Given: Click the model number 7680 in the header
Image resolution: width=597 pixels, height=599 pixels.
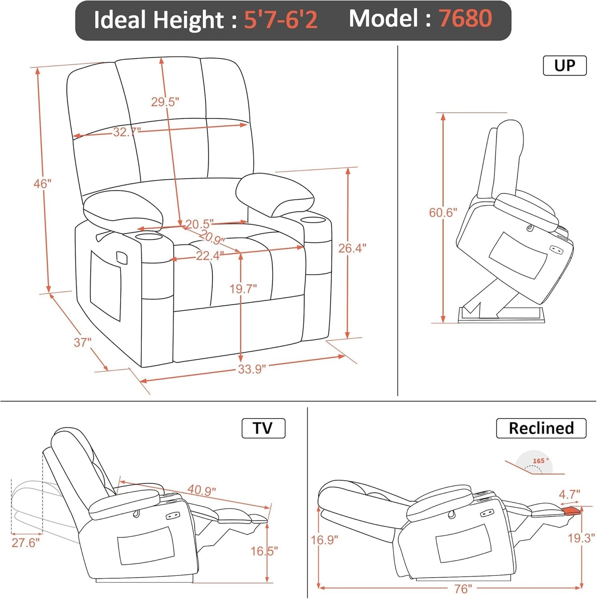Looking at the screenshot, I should [465, 19].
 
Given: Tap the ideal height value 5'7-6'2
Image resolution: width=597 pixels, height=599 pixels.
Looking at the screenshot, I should [281, 19].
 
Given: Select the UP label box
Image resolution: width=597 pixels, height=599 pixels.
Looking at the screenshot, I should [564, 66].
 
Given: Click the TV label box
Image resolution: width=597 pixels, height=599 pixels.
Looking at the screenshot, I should [263, 428].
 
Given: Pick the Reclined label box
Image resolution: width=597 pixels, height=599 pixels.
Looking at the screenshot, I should [541, 428].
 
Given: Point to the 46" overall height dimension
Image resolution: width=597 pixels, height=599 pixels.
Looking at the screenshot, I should [42, 183].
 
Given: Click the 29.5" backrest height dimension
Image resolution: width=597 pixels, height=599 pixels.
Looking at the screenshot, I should [165, 102].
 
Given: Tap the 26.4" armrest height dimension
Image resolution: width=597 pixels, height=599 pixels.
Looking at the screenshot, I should [352, 248].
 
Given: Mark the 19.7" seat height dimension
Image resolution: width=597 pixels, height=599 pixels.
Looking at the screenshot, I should [243, 289].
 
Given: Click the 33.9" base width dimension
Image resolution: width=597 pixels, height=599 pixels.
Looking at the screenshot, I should [252, 369].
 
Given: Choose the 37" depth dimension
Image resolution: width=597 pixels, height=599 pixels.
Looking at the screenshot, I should [82, 342].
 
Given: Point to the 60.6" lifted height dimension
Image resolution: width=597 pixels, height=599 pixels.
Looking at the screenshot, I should [443, 213].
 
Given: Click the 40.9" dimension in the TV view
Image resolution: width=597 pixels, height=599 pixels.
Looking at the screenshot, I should [202, 490].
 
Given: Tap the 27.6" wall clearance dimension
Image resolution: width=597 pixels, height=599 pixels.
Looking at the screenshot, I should [26, 542].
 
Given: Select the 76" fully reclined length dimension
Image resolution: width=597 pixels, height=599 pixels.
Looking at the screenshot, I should [463, 589].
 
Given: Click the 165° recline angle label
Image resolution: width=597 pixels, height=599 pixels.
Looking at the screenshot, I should [540, 461].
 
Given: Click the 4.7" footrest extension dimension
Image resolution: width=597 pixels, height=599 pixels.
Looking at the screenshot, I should [569, 494].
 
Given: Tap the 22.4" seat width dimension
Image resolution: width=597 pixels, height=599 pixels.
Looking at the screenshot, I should [209, 256].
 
